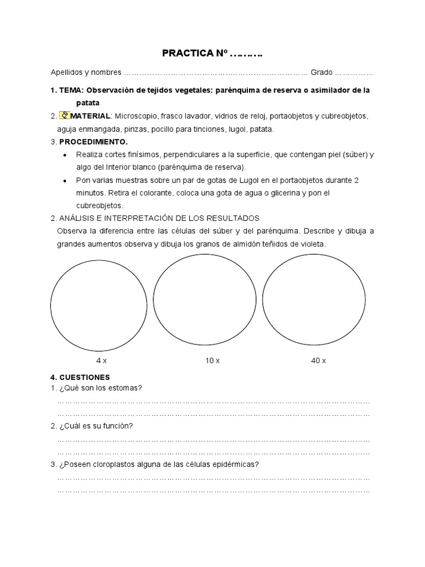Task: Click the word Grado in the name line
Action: click(322, 72)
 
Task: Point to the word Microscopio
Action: click(137, 116)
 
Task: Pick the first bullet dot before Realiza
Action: click(66, 155)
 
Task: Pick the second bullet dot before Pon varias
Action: click(66, 181)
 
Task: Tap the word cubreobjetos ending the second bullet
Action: click(100, 205)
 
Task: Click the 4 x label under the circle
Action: click(101, 360)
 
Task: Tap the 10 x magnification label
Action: click(212, 360)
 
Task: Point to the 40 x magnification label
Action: click(318, 360)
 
